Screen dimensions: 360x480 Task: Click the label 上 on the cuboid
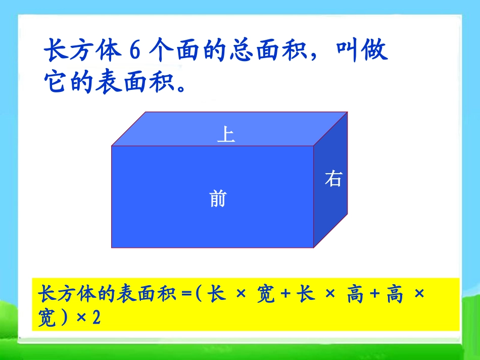click(226, 135)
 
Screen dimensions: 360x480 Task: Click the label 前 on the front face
click(218, 199)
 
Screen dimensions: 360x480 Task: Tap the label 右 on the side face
click(333, 179)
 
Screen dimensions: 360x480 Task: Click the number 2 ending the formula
click(97, 319)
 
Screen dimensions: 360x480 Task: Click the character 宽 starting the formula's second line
click(47, 319)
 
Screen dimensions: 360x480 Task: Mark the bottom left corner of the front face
click(112, 248)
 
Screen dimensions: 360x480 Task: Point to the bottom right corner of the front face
click(314, 248)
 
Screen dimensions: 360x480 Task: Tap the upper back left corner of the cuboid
click(146, 112)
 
